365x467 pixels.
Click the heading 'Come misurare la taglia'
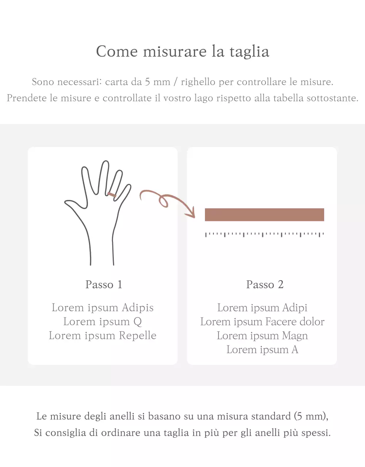tap(182, 51)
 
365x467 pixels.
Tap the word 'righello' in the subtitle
tap(198, 82)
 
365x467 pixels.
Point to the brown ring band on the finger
tap(112, 195)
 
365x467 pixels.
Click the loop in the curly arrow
tap(164, 201)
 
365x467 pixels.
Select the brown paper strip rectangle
tap(264, 215)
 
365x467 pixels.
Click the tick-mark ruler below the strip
tap(264, 235)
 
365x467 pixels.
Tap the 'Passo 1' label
tap(104, 285)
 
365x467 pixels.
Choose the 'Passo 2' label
tap(265, 285)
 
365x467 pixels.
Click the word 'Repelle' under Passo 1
tap(137, 336)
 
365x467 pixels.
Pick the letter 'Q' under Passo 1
tap(137, 322)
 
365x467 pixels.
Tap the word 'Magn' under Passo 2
tap(295, 336)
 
